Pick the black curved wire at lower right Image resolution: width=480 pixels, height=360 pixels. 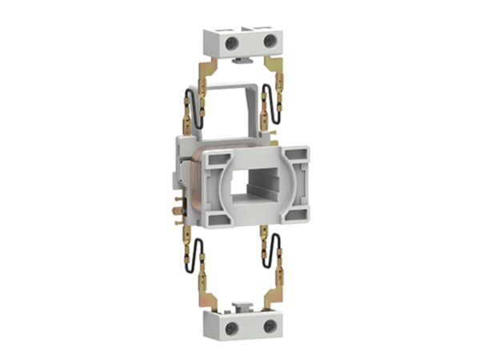pos(274,254)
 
